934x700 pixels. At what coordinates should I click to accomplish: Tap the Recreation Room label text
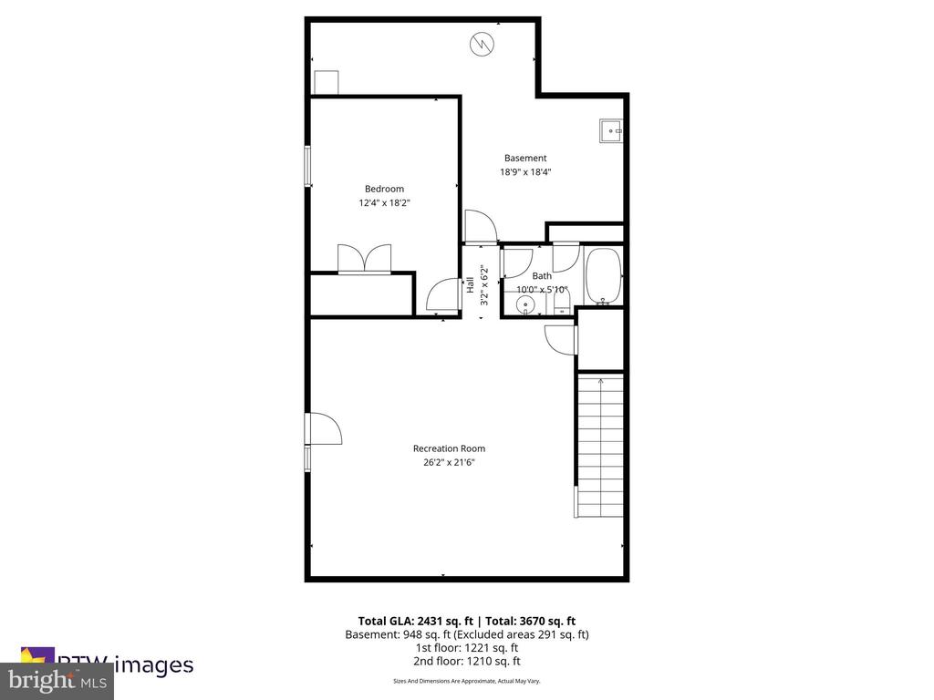(x=449, y=448)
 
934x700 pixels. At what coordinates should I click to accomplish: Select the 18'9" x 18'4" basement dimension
(x=525, y=171)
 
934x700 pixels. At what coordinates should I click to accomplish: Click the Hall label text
(x=471, y=284)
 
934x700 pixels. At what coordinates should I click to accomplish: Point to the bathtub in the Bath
(x=602, y=276)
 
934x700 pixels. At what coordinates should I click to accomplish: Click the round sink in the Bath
(x=522, y=307)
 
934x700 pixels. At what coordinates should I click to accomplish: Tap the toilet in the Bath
(x=561, y=300)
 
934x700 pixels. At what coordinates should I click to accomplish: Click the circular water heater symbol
(x=481, y=43)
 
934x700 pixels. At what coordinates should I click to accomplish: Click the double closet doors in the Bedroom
(x=364, y=258)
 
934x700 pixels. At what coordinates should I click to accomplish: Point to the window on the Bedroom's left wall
(x=308, y=166)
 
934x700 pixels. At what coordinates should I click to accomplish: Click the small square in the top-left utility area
(x=326, y=82)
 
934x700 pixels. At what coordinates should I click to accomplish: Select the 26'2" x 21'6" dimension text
(x=449, y=462)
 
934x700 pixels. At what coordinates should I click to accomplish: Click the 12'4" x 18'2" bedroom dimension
(x=384, y=203)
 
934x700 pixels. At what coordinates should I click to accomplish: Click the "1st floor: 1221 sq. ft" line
(x=466, y=648)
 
